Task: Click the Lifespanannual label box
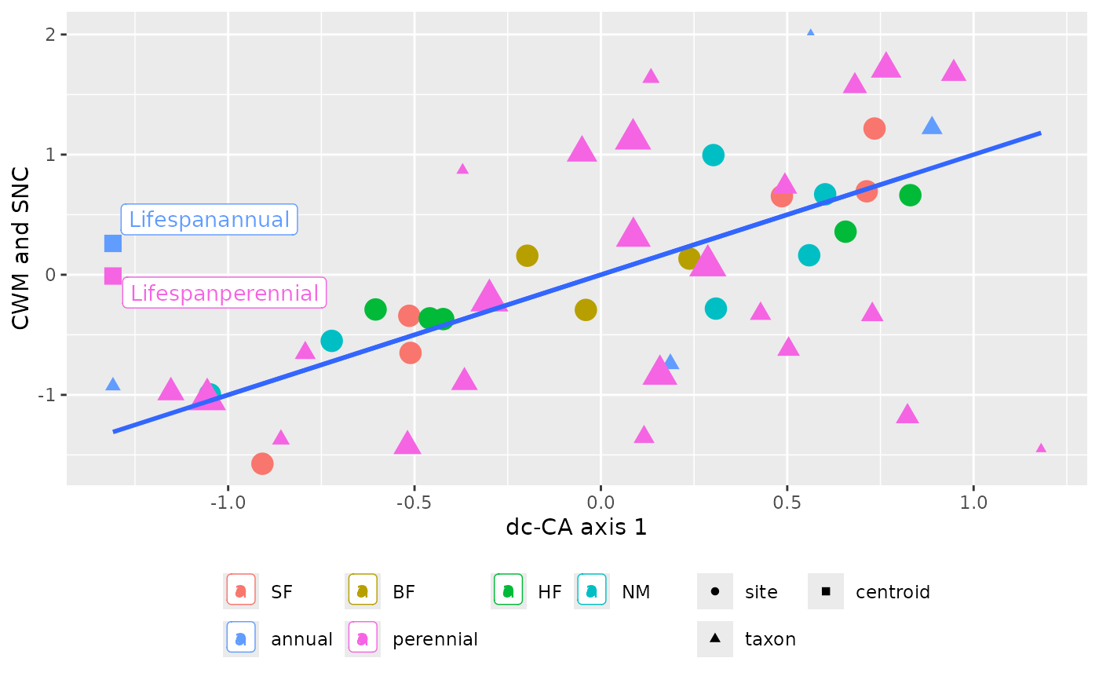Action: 209,220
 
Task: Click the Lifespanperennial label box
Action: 225,294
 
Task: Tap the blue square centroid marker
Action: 113,244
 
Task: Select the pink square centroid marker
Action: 113,276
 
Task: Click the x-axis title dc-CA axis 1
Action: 576,528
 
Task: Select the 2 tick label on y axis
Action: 52,35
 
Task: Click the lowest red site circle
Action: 262,463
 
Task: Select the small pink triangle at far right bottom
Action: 1041,448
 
